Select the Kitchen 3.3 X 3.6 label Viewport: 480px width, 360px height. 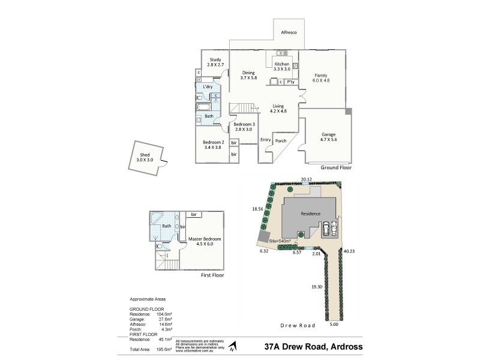(282, 67)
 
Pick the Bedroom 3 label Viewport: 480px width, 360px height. (244, 127)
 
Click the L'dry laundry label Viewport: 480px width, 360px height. (208, 87)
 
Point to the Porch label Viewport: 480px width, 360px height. (280, 141)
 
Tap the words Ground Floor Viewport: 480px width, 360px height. (336, 168)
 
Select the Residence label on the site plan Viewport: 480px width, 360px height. (310, 214)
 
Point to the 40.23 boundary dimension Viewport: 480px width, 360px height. (350, 251)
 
